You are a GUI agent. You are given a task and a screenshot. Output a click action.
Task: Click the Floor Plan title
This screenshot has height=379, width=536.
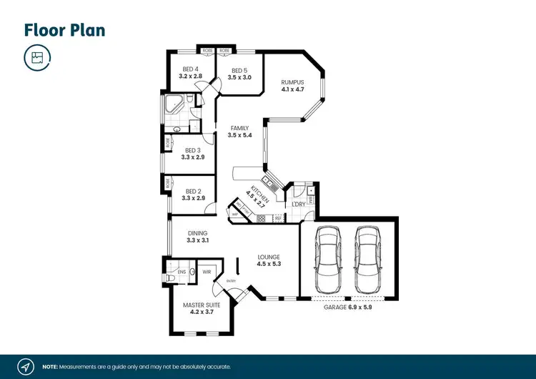pos(64,30)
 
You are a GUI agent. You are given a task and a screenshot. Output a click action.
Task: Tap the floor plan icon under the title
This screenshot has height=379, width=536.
pos(37,58)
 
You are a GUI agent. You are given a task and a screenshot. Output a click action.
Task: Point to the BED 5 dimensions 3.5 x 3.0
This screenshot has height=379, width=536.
pos(241,77)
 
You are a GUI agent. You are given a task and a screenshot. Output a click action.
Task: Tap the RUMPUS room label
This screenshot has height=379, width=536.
pos(292,82)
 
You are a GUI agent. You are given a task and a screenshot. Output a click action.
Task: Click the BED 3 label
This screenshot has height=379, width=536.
pos(193,150)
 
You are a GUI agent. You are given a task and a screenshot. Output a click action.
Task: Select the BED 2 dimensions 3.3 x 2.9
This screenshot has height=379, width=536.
pos(194,198)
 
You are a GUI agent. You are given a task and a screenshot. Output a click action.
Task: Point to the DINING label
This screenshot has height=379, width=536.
pos(197,233)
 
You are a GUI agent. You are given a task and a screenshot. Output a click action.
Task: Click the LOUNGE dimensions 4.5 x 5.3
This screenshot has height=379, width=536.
pos(269,264)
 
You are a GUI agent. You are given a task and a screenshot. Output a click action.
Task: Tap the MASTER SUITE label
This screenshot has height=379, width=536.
pos(201,305)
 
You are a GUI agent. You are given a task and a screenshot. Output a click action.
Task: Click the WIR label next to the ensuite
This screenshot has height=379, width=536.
pos(207,272)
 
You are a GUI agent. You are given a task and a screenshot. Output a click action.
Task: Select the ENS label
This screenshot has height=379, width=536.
pos(182,272)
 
